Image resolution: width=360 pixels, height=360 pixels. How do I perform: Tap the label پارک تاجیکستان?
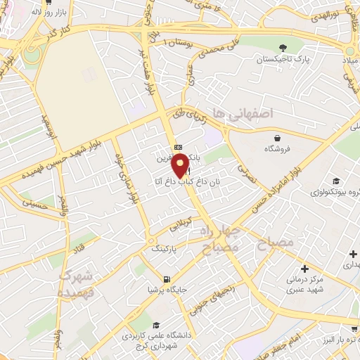click(x=282, y=61)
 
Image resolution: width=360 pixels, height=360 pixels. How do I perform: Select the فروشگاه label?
click(x=278, y=149)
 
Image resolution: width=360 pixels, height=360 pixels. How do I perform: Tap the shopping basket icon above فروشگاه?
click(x=278, y=137)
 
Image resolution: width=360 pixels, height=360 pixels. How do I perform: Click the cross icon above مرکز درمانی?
click(x=304, y=269)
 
